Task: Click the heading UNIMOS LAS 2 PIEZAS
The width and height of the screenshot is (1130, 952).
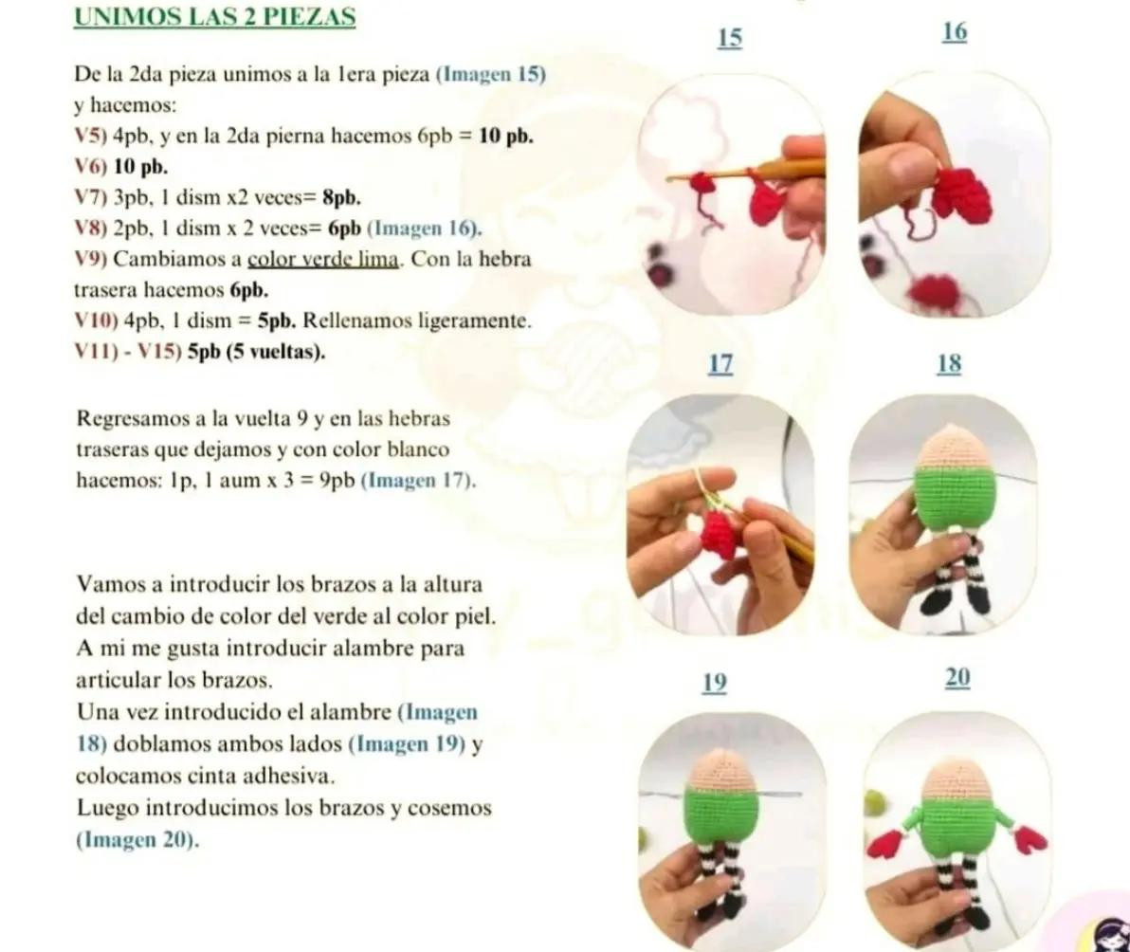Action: [214, 17]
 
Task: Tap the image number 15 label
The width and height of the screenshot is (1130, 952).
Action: [730, 38]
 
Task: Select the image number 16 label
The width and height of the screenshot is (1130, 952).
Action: [955, 32]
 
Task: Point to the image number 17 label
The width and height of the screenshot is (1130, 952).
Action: [720, 364]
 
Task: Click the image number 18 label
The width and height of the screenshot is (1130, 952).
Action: [949, 364]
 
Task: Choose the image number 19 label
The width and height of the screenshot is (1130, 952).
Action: [715, 683]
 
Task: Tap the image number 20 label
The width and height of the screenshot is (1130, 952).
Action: [957, 678]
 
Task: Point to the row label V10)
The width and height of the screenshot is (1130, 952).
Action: [95, 320]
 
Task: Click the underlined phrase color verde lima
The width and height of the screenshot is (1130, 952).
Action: [321, 259]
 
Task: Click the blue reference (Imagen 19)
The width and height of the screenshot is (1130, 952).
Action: [408, 744]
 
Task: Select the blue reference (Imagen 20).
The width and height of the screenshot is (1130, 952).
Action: [137, 839]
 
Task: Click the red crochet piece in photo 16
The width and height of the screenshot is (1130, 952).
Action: [961, 196]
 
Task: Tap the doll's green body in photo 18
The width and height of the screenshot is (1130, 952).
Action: [955, 499]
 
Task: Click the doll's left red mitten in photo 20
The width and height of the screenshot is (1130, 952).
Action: [884, 843]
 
